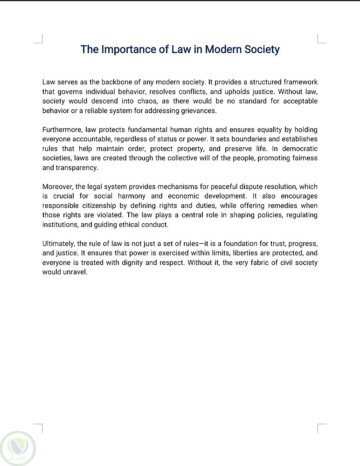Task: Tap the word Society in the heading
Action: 262,49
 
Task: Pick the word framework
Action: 299,82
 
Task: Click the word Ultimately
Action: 58,244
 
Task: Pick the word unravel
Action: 75,272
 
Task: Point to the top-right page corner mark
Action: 321,39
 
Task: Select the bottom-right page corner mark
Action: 321,428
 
